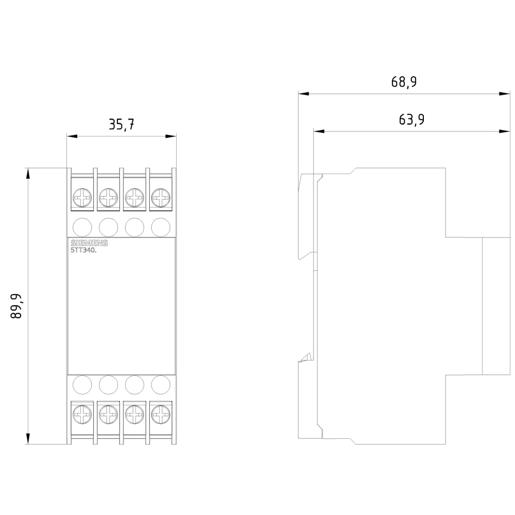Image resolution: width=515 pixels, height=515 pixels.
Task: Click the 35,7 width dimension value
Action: coord(122,125)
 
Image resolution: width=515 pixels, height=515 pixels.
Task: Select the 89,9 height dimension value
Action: coord(16,306)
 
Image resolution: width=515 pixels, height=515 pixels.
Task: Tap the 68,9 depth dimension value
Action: coord(404,82)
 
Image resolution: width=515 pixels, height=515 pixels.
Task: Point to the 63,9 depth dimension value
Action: coord(411,119)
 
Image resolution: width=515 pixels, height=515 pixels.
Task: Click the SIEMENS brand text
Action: coord(89,243)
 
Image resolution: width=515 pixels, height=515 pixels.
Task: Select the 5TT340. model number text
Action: coord(84,250)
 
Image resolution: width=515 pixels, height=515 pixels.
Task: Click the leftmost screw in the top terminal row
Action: coord(82,198)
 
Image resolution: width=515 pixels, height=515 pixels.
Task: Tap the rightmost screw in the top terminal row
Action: coord(161,198)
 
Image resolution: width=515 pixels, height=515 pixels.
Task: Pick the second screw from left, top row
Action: coord(108,198)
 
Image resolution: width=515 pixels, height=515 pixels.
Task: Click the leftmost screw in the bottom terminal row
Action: coord(82,414)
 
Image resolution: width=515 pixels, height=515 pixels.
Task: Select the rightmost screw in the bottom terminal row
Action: coord(161,414)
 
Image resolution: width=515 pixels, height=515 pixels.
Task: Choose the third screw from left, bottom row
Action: coord(134,414)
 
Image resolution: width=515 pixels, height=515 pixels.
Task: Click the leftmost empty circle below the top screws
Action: coord(82,227)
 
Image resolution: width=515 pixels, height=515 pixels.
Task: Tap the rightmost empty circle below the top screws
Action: coord(161,227)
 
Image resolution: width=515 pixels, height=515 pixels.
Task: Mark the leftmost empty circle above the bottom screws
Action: coord(82,385)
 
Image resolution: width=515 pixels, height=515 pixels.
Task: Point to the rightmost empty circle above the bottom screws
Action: coord(161,385)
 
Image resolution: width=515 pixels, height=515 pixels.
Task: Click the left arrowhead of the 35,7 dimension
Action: coord(72,136)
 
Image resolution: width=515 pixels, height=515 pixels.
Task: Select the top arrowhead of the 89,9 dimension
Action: coord(28,174)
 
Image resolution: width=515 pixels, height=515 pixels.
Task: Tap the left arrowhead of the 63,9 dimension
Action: coord(319,131)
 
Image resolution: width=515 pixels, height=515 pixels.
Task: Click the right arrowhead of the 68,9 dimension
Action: coord(505,94)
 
